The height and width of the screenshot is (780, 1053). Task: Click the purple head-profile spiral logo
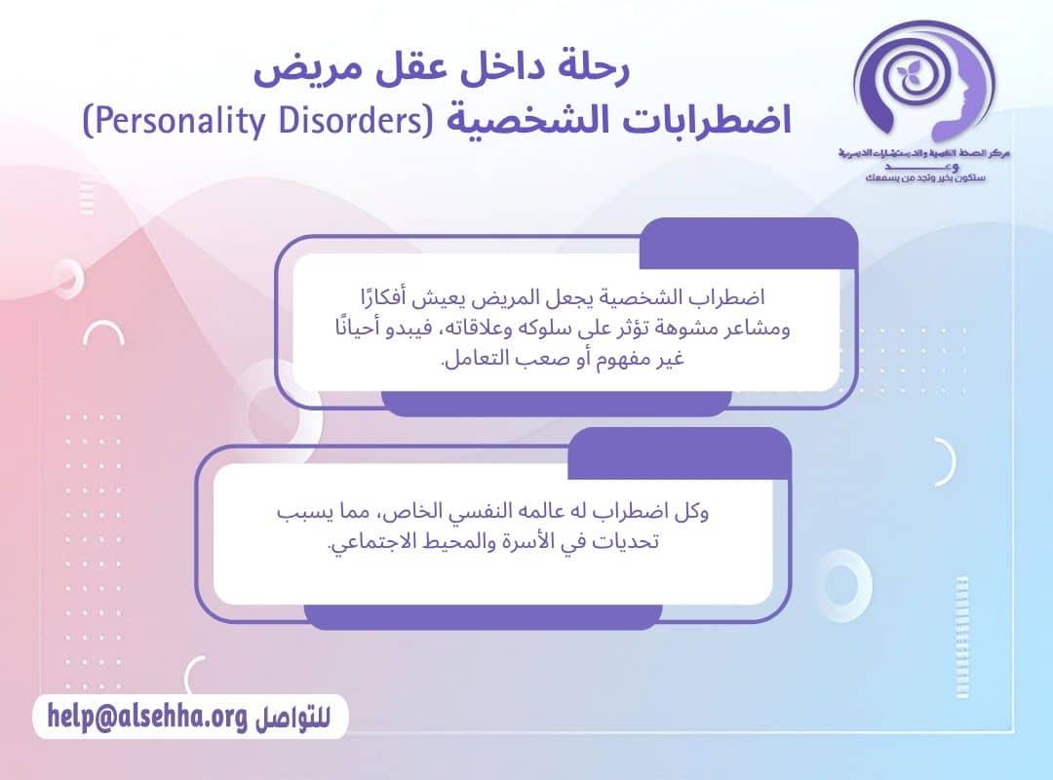coord(921,83)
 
